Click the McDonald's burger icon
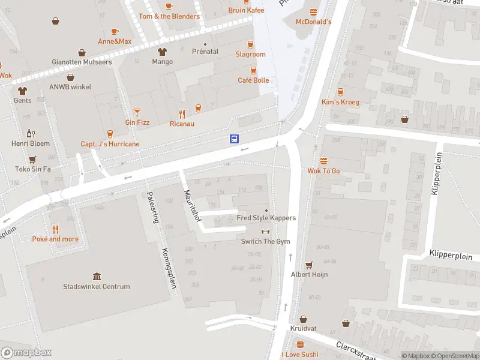[x=313, y=12]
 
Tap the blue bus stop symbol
[x=234, y=139]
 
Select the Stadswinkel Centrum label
[x=96, y=287]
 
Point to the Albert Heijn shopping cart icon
[x=310, y=265]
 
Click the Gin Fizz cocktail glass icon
[x=137, y=112]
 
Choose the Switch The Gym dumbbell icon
[x=266, y=232]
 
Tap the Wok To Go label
[x=323, y=171]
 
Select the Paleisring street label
[x=153, y=207]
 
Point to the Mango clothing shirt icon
[x=162, y=52]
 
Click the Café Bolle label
[x=253, y=80]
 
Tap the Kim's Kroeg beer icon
[x=340, y=92]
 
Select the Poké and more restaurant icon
[x=55, y=229]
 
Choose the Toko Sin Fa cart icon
[x=33, y=159]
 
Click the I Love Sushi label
[x=299, y=355]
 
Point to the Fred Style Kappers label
[x=266, y=218]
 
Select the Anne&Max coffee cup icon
[x=115, y=31]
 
